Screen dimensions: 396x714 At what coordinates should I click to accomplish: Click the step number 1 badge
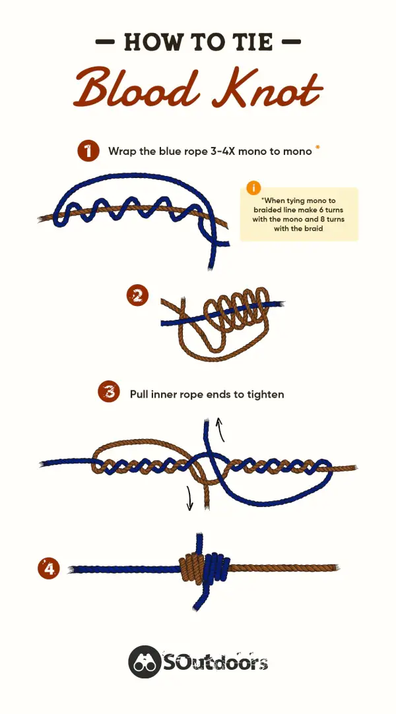88,151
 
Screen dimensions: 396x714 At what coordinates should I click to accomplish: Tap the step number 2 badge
137,297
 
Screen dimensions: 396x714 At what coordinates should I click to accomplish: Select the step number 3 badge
109,392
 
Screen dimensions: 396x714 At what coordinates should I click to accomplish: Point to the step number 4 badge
49,569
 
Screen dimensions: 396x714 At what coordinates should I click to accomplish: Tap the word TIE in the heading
251,42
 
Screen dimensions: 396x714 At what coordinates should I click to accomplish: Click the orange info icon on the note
253,188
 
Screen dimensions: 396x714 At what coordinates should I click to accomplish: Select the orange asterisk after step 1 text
318,148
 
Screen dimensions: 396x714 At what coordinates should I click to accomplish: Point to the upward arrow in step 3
221,429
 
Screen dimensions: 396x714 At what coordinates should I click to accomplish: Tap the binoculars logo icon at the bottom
144,662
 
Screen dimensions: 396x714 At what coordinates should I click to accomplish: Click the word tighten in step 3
264,394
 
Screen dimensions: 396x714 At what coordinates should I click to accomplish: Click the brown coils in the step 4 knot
191,568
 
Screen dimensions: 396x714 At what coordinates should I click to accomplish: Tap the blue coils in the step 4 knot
216,569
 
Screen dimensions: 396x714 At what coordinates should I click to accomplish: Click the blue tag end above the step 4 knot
199,543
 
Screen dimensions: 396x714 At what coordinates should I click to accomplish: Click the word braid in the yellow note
313,229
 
